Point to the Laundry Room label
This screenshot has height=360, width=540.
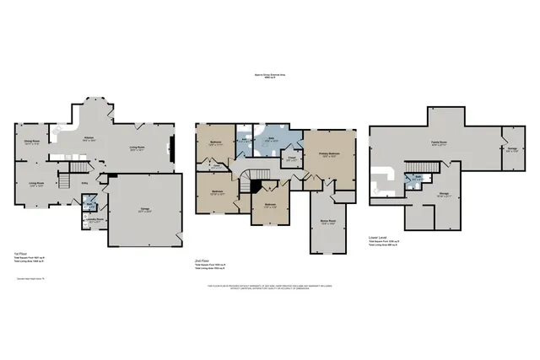(x=98, y=221)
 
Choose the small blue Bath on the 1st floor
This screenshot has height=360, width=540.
(x=90, y=205)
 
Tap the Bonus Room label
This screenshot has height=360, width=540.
(x=328, y=222)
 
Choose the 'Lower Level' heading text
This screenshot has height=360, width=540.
(x=379, y=237)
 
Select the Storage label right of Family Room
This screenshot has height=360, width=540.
(x=512, y=150)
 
